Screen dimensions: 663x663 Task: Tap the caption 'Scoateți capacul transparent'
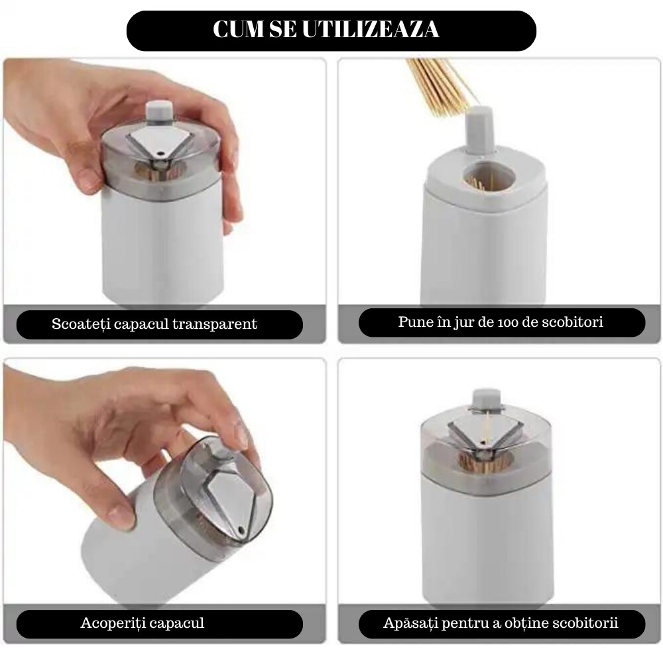point(154,324)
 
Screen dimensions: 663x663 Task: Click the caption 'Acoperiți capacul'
point(142,623)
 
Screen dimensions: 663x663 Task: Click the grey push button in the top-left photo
point(158,111)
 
